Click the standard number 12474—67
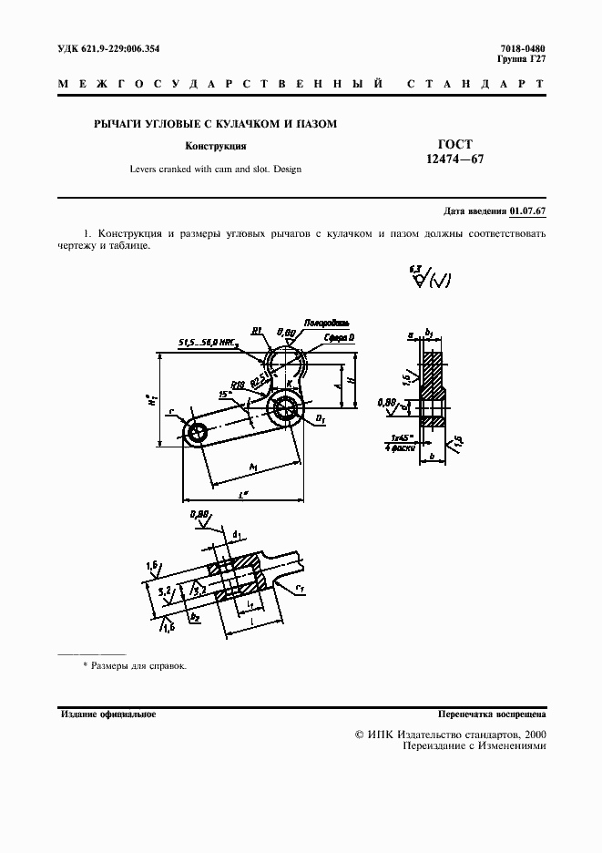452,159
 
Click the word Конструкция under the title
216,146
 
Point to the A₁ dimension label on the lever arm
252,467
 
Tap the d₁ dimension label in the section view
238,535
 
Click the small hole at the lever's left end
195,433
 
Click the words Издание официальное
108,714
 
